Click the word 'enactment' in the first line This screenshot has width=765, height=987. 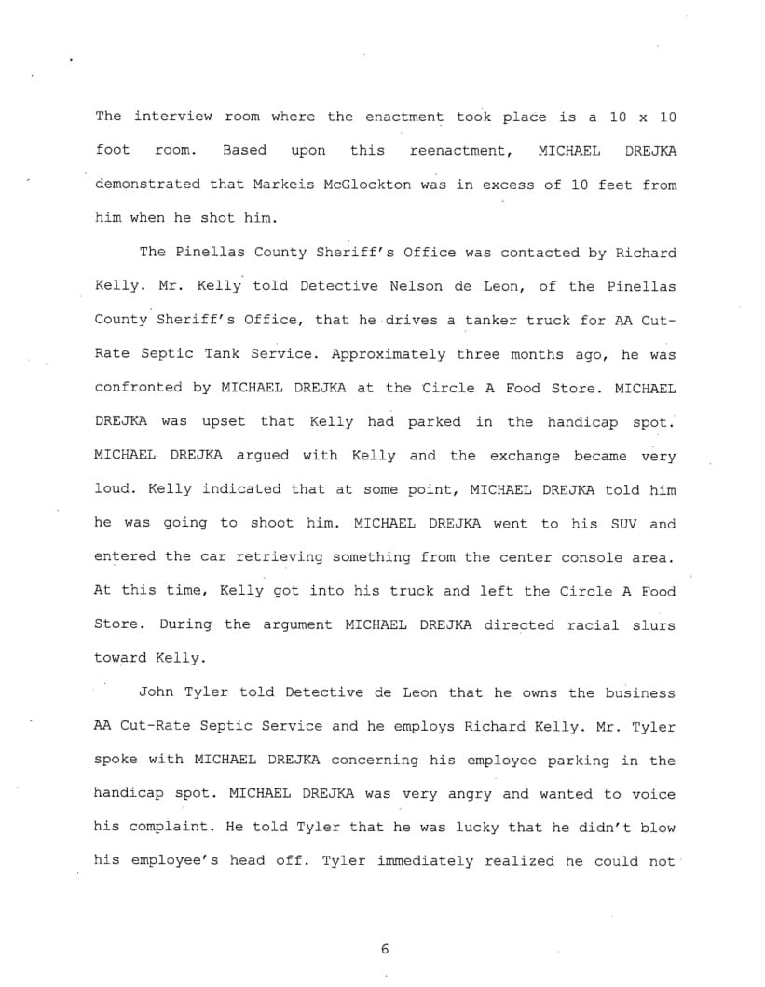pyautogui.click(x=403, y=117)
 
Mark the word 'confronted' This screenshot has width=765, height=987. pyautogui.click(x=139, y=388)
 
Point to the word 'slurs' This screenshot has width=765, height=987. pyautogui.click(x=653, y=624)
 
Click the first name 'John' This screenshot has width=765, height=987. pyautogui.click(x=157, y=692)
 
